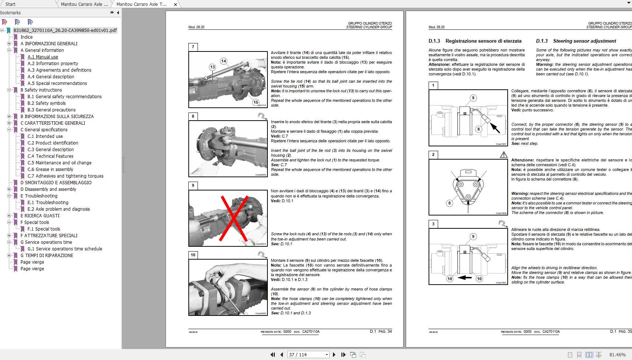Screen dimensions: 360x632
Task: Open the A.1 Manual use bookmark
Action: coord(43,57)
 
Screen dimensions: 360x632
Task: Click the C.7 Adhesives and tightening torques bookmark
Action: coord(65,176)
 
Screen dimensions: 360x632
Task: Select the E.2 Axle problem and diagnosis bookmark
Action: coord(58,209)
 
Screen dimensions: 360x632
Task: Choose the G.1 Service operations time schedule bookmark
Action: coord(65,249)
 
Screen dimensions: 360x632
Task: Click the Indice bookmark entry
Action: coord(26,37)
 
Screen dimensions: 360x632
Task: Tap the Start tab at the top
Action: coord(11,4)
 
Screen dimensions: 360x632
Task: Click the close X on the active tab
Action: coord(175,4)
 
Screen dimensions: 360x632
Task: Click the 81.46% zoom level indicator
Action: coord(617,354)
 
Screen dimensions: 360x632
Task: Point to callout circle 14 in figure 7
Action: coord(224,61)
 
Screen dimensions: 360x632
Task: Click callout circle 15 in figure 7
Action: coord(256,102)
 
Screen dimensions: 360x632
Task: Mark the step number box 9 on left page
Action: coord(193,185)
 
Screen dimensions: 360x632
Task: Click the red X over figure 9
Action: coord(234,218)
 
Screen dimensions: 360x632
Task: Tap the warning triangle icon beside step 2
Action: coord(504,155)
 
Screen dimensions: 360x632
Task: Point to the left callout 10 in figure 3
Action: coord(450,279)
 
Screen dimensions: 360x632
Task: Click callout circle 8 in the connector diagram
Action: coord(449,203)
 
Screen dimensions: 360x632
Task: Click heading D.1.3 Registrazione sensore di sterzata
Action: coord(475,41)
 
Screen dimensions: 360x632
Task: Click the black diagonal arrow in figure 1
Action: coord(495,128)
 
